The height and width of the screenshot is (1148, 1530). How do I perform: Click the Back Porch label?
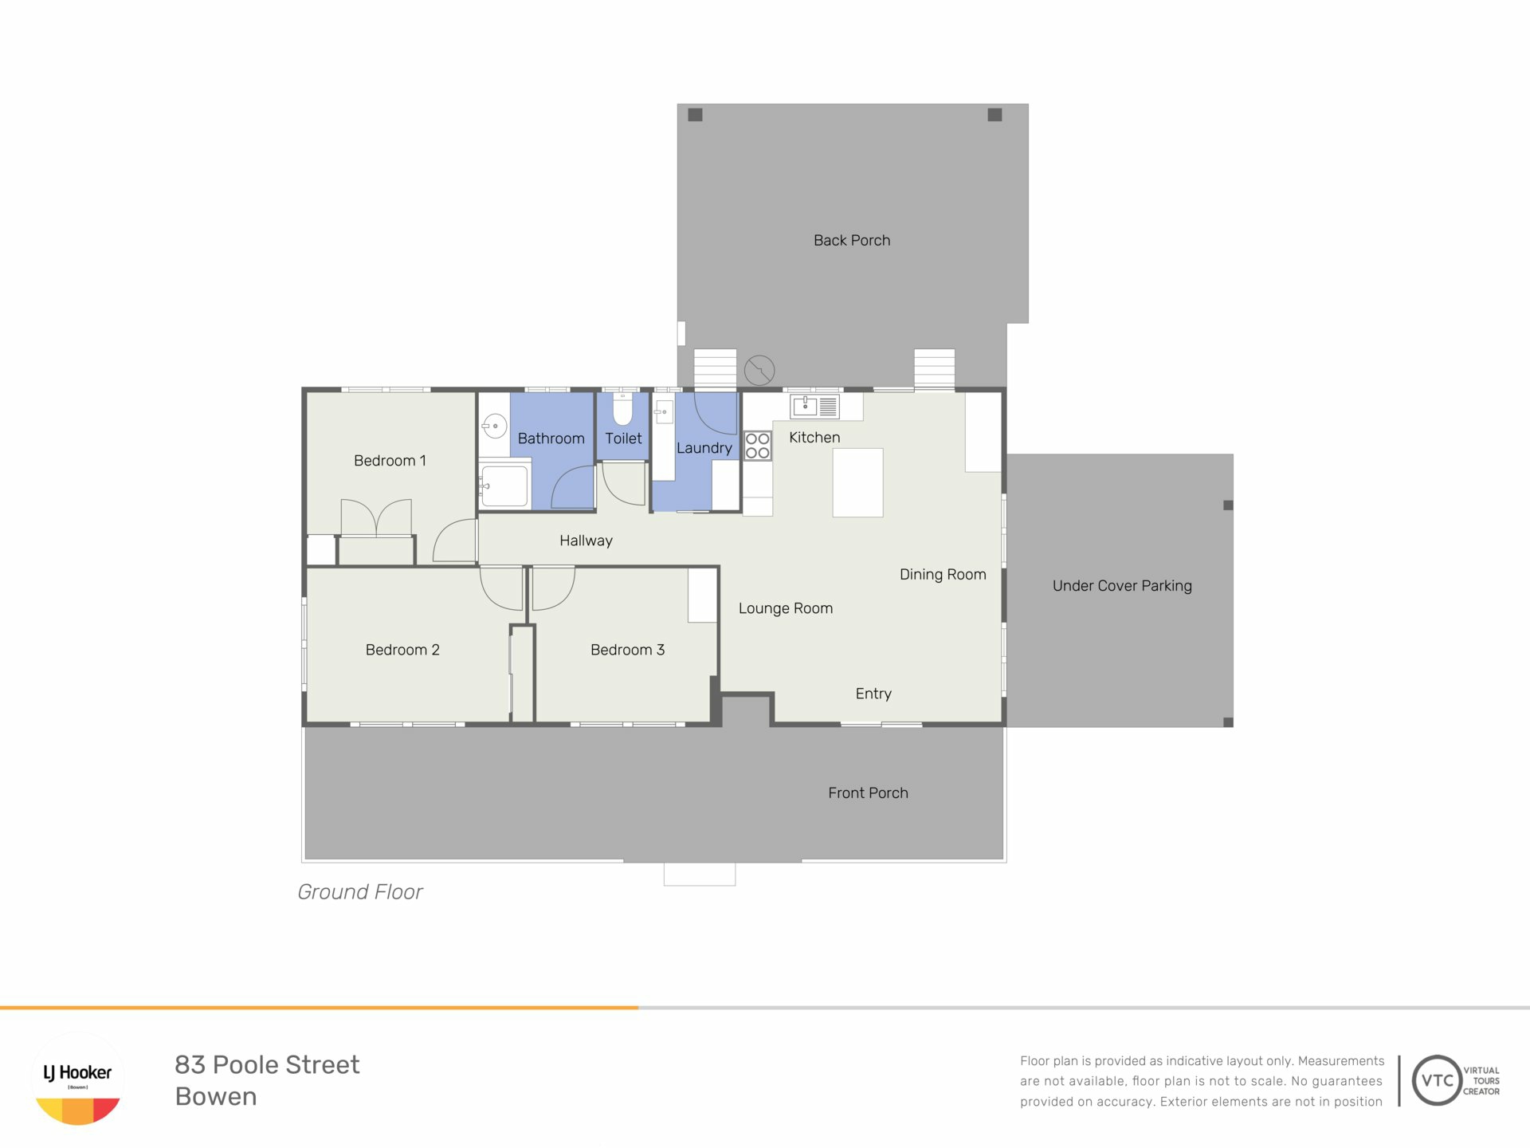(852, 240)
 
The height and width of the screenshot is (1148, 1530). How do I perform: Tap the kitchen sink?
(814, 407)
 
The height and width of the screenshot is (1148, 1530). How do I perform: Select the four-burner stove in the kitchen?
(757, 446)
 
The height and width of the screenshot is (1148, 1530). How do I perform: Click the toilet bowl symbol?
(622, 408)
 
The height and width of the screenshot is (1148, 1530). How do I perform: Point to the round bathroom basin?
(495, 427)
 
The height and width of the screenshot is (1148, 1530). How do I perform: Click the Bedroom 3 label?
(627, 650)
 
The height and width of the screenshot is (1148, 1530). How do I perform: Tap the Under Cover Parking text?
(1122, 586)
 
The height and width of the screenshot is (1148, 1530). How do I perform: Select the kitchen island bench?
(857, 482)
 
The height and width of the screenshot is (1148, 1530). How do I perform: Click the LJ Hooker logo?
(78, 1079)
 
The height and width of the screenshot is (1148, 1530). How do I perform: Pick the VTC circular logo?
(1437, 1080)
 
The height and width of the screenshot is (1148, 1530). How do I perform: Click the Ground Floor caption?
(359, 891)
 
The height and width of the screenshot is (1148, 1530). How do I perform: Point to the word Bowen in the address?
(216, 1096)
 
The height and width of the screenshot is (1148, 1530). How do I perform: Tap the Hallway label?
(586, 541)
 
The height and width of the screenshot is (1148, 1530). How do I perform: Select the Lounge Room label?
(786, 608)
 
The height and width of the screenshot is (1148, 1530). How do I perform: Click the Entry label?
(873, 694)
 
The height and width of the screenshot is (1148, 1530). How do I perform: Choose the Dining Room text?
(943, 575)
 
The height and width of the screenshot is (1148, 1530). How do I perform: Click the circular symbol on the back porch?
(759, 370)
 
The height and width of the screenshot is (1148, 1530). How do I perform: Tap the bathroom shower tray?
(504, 486)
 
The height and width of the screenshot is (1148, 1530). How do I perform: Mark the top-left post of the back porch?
(695, 115)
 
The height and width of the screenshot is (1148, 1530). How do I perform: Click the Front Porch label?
(868, 793)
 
